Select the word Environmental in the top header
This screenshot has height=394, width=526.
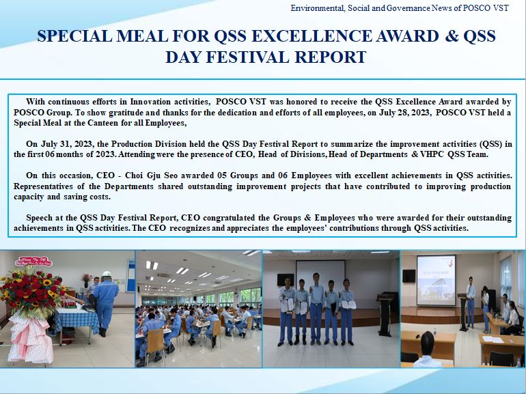tap(317, 8)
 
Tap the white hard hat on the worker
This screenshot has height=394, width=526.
tap(107, 274)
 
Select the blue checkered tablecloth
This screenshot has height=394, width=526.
tap(77, 320)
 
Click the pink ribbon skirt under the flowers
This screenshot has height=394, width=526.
tap(30, 338)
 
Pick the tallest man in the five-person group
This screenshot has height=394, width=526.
tap(316, 309)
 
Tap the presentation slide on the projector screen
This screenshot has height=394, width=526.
tap(436, 281)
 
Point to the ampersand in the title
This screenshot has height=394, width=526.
tap(451, 36)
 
